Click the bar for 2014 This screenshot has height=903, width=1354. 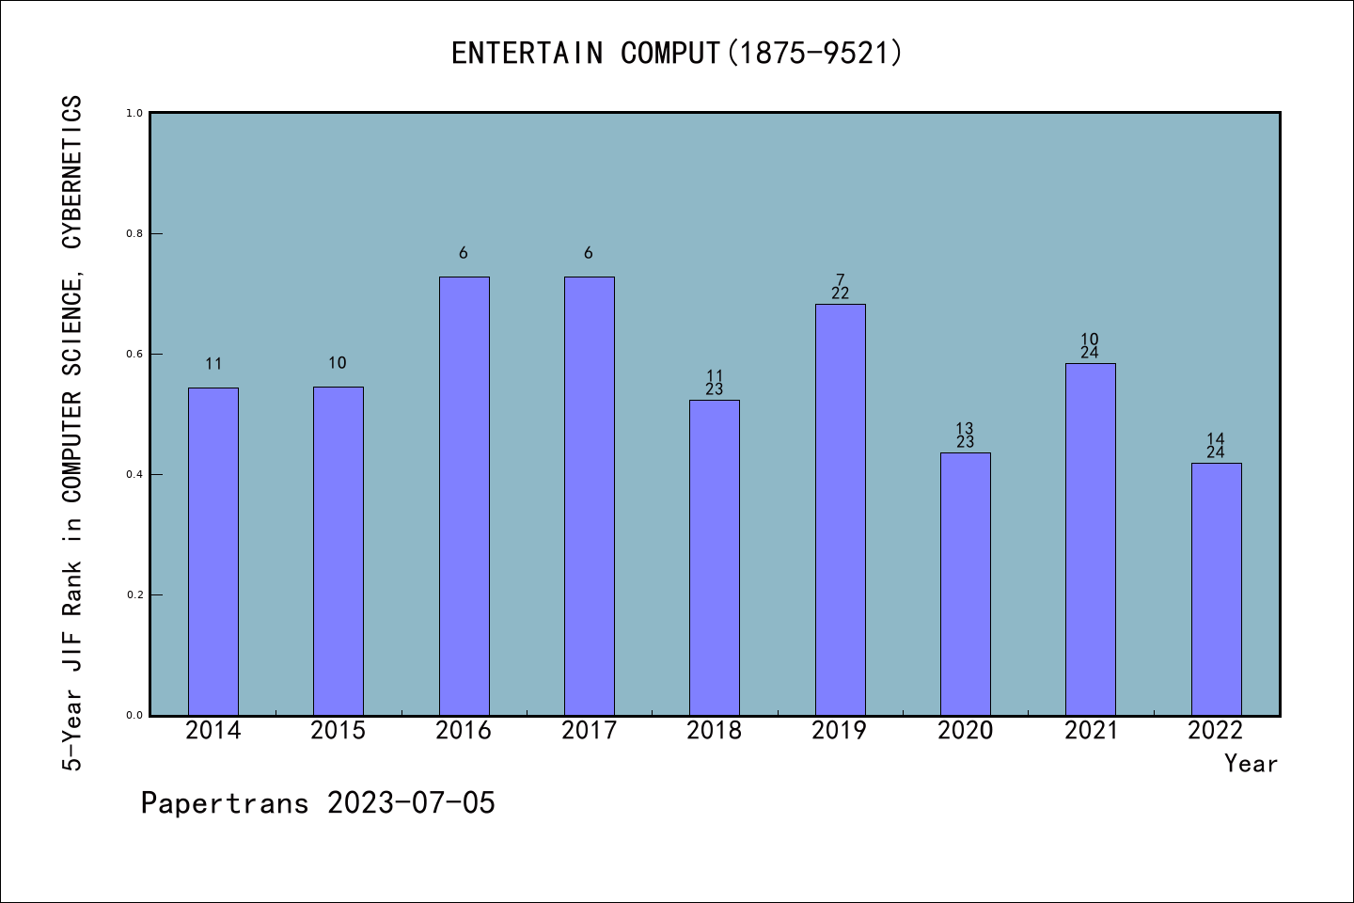pyautogui.click(x=213, y=551)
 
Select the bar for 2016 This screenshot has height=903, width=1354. pyautogui.click(x=464, y=496)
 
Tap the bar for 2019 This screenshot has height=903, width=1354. pyautogui.click(x=840, y=509)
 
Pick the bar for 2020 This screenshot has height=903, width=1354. pyautogui.click(x=966, y=583)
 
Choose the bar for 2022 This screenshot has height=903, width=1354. pyautogui.click(x=1216, y=589)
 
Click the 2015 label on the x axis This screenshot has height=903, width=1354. pyautogui.click(x=338, y=731)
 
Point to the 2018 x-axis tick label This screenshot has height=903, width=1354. pyautogui.click(x=715, y=731)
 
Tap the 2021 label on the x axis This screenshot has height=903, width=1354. pyautogui.click(x=1091, y=731)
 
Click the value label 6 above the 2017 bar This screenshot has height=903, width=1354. pyautogui.click(x=589, y=253)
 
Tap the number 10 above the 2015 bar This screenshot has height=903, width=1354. pyautogui.click(x=338, y=363)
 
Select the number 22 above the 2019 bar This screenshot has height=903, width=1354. pyautogui.click(x=840, y=293)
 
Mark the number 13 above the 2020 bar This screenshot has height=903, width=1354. pyautogui.click(x=965, y=429)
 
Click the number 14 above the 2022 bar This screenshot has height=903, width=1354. pyautogui.click(x=1215, y=439)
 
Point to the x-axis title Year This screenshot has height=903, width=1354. pyautogui.click(x=1251, y=764)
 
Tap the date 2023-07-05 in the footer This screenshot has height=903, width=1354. pyautogui.click(x=411, y=803)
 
